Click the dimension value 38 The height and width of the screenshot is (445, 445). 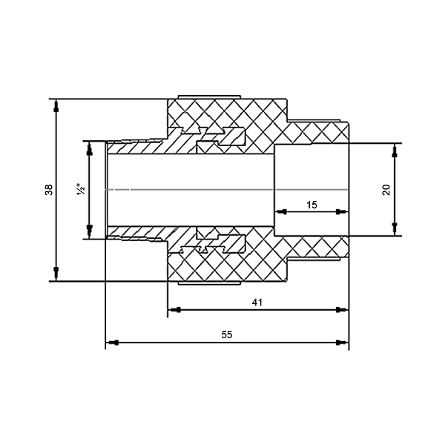pyautogui.click(x=49, y=190)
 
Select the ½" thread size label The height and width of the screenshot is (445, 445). pyautogui.click(x=81, y=189)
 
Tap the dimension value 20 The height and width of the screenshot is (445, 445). pyautogui.click(x=386, y=190)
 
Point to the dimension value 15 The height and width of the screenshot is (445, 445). pyautogui.click(x=311, y=205)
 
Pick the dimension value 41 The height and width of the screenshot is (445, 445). pyautogui.click(x=257, y=303)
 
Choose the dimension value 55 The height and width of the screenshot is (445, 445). pyautogui.click(x=227, y=335)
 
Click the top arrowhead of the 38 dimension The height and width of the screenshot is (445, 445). pyautogui.click(x=56, y=105)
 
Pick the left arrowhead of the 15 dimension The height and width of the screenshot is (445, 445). pyautogui.click(x=281, y=211)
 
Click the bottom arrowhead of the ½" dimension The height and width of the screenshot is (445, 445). pyautogui.click(x=90, y=232)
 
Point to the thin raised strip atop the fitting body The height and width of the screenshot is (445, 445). pyautogui.click(x=209, y=97)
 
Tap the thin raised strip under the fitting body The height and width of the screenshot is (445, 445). pyautogui.click(x=209, y=283)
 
